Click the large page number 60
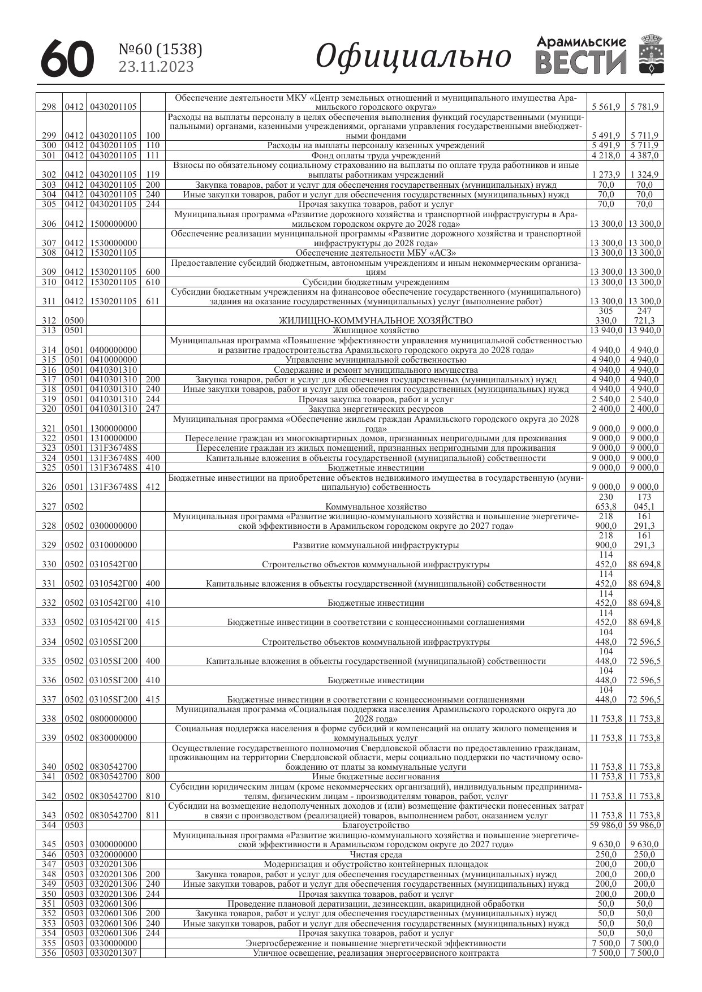click(x=67, y=58)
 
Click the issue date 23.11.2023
click(x=156, y=67)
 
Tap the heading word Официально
click(x=413, y=57)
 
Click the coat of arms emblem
click(x=651, y=55)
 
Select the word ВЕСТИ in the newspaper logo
click(x=581, y=63)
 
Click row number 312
click(x=49, y=321)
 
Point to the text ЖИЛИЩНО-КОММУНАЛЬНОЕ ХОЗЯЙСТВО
click(x=376, y=321)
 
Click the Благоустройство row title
click(x=376, y=825)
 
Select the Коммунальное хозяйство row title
click(x=376, y=507)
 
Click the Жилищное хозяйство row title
click(x=376, y=330)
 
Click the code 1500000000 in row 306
click(x=113, y=224)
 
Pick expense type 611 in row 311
click(x=153, y=301)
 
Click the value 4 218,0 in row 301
click(x=606, y=156)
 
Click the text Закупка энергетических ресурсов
click(x=376, y=409)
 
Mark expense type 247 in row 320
click(x=153, y=409)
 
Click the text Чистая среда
click(x=376, y=855)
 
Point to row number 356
click(x=49, y=953)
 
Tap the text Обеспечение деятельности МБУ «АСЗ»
click(x=376, y=253)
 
